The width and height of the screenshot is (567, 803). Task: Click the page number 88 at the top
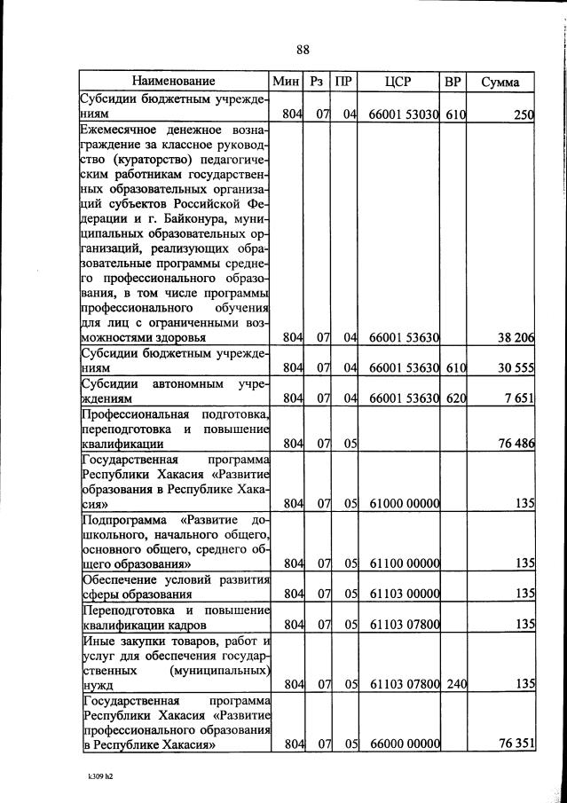[x=303, y=50]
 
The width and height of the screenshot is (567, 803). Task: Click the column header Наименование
[x=174, y=82]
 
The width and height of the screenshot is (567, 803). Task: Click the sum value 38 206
[x=514, y=338]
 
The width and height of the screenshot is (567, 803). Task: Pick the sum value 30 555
[x=514, y=367]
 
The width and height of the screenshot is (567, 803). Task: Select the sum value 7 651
[x=518, y=398]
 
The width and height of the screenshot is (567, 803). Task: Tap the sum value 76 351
[x=514, y=743]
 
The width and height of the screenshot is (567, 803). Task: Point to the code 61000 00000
[x=404, y=503]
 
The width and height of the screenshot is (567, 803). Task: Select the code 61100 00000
[x=404, y=563]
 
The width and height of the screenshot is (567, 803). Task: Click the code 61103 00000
[x=404, y=593]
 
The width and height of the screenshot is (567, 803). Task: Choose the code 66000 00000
[x=404, y=743]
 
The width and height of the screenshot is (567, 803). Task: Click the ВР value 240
[x=456, y=683]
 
